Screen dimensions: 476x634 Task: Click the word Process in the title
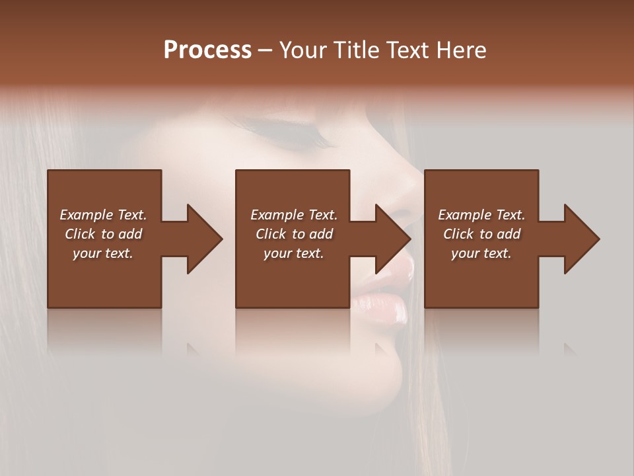pos(207,50)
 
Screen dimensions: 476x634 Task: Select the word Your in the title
pos(302,50)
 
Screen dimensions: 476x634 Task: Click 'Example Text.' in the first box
pos(103,215)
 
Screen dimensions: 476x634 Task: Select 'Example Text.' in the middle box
pos(294,215)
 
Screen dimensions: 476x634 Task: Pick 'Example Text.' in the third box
pos(481,215)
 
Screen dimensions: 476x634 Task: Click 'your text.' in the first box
pos(103,253)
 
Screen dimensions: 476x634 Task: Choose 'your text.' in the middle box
pos(294,253)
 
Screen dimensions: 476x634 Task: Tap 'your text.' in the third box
pos(481,253)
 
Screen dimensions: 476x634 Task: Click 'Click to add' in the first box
pos(103,234)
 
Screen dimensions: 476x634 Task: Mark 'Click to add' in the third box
pos(481,234)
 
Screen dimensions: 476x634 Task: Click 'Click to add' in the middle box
pos(294,234)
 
